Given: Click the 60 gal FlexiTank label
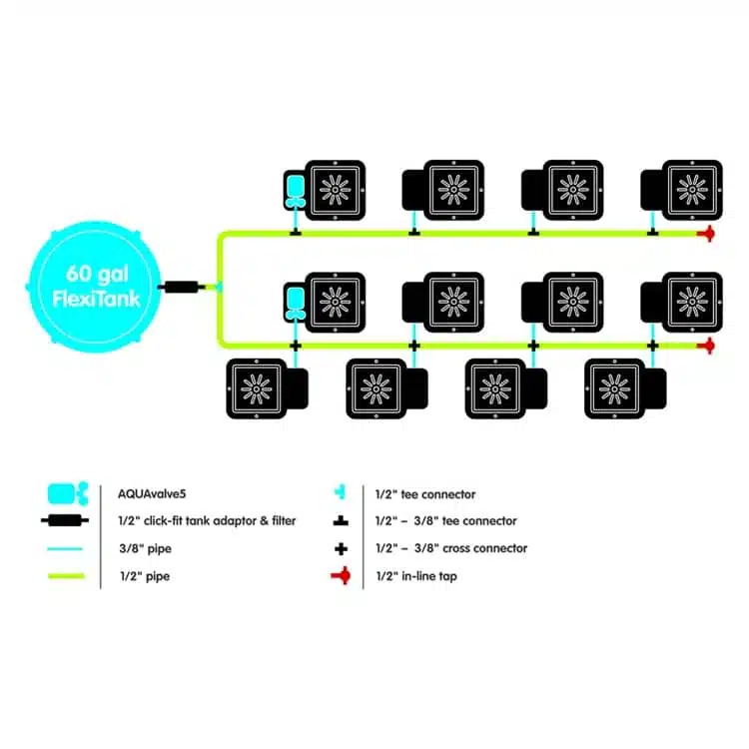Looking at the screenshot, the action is (x=96, y=287).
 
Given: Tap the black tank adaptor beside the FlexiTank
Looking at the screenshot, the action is (x=182, y=287).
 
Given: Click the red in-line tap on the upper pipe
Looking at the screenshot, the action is (x=706, y=234).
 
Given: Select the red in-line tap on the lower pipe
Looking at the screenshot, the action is (x=706, y=346).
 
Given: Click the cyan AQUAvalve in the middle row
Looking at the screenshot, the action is (x=295, y=304).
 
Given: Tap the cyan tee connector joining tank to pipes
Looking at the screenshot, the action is (x=219, y=287).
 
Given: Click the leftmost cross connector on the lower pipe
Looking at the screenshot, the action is (x=296, y=346).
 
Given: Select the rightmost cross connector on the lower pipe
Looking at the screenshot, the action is (x=652, y=346).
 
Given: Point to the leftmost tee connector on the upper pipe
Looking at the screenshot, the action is (x=296, y=233).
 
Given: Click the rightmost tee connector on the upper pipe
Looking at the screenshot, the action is (x=652, y=233).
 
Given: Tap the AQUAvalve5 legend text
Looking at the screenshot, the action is (x=152, y=494).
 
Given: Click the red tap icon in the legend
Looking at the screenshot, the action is (x=342, y=575).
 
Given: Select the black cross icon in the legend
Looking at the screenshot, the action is (x=341, y=549).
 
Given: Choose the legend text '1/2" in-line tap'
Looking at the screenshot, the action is (x=416, y=576).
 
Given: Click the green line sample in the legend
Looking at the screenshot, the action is (x=66, y=576).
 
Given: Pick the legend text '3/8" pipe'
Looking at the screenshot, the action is (x=145, y=548).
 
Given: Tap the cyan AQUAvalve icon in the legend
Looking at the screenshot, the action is (x=68, y=493).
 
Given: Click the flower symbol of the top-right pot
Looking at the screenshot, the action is (x=692, y=190).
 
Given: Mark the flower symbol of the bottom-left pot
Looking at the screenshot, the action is (x=257, y=388).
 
